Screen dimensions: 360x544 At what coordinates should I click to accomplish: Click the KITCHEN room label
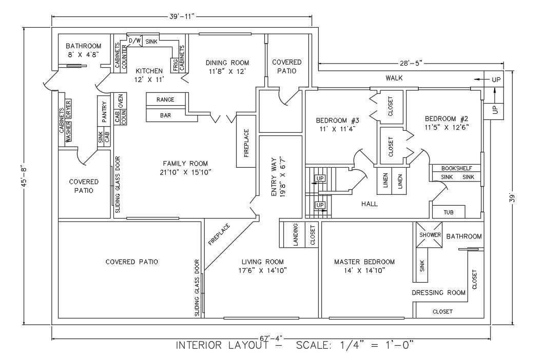149,71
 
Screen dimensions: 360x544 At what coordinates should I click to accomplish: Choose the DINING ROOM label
227,63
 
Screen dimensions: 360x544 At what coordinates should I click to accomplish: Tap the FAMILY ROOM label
185,164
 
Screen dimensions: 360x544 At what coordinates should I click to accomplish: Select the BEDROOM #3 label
337,121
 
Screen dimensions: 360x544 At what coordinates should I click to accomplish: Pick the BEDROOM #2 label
446,118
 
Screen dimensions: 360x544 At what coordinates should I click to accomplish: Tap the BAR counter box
165,116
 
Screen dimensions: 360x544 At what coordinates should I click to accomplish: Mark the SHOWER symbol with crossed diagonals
430,234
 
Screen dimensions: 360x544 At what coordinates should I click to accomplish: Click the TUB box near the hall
449,211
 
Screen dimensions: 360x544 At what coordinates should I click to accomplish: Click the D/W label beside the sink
134,41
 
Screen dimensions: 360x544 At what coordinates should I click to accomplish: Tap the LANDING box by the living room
296,234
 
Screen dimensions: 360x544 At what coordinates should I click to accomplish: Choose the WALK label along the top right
394,78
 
